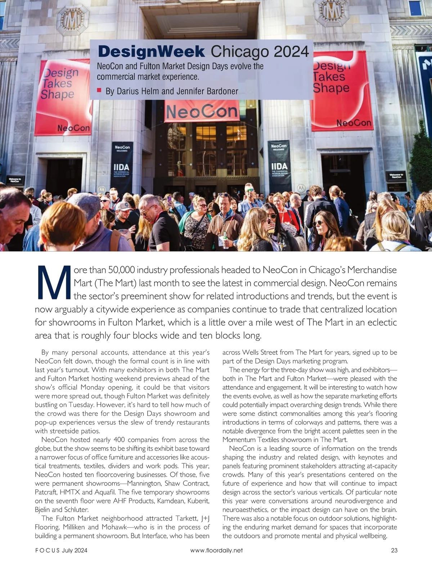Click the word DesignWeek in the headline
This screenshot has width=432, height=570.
[151, 52]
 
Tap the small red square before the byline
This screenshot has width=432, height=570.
[99, 90]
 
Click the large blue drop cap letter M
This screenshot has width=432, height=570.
[54, 283]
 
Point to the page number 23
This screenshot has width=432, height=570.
[394, 550]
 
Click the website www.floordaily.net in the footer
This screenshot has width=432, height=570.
[216, 550]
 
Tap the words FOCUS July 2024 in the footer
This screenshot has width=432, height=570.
[61, 550]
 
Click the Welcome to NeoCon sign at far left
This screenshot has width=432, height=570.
[15, 180]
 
